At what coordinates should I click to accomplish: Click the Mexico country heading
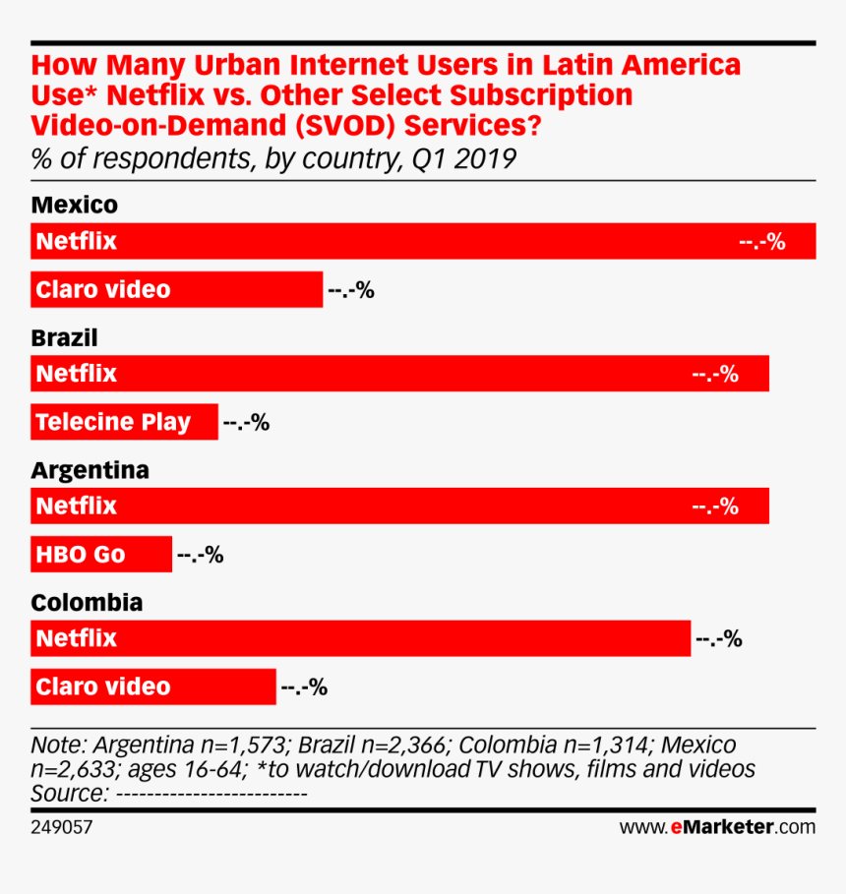(x=74, y=206)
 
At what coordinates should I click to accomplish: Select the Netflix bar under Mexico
(x=423, y=241)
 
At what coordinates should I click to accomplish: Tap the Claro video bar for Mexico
(x=177, y=290)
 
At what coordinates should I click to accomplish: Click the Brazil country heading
(x=64, y=338)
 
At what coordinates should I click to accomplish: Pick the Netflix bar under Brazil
(x=399, y=374)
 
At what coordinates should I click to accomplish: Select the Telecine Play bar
(x=124, y=422)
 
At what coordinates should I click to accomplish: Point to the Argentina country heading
(x=90, y=470)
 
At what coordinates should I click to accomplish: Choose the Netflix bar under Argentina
(x=399, y=507)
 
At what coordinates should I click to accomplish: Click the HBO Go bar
(x=101, y=555)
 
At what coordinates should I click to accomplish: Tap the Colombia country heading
(x=87, y=603)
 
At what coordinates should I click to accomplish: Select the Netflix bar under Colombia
(x=361, y=638)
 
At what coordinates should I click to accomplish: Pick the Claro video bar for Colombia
(x=153, y=686)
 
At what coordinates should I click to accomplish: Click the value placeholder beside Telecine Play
(x=246, y=423)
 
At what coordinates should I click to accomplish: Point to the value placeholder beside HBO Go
(x=200, y=556)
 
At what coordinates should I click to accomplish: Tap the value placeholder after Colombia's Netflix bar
(x=718, y=639)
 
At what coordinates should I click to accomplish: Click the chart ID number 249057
(x=62, y=827)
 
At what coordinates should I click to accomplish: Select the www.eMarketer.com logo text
(x=717, y=827)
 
